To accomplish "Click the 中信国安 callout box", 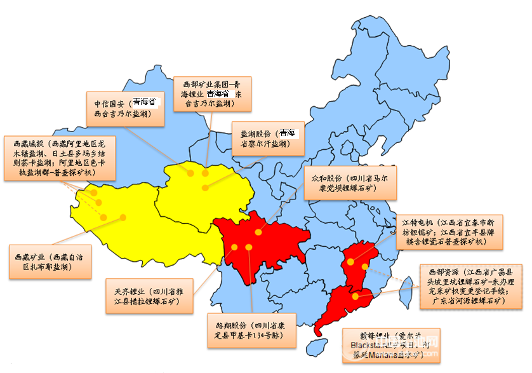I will pos(124,109).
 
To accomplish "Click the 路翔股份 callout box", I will pos(252,330).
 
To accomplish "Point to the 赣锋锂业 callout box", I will pos(390,346).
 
